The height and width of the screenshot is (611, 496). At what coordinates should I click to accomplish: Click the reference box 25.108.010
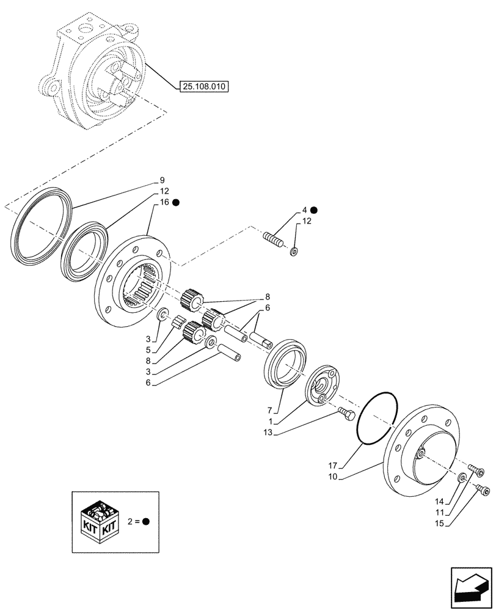coord(204,87)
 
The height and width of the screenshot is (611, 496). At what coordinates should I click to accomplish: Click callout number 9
coord(162,180)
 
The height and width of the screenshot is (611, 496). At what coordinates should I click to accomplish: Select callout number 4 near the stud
coord(304,210)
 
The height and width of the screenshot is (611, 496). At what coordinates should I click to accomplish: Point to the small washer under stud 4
coord(294,251)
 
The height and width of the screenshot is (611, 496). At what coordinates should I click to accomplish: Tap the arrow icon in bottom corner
coord(470,589)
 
